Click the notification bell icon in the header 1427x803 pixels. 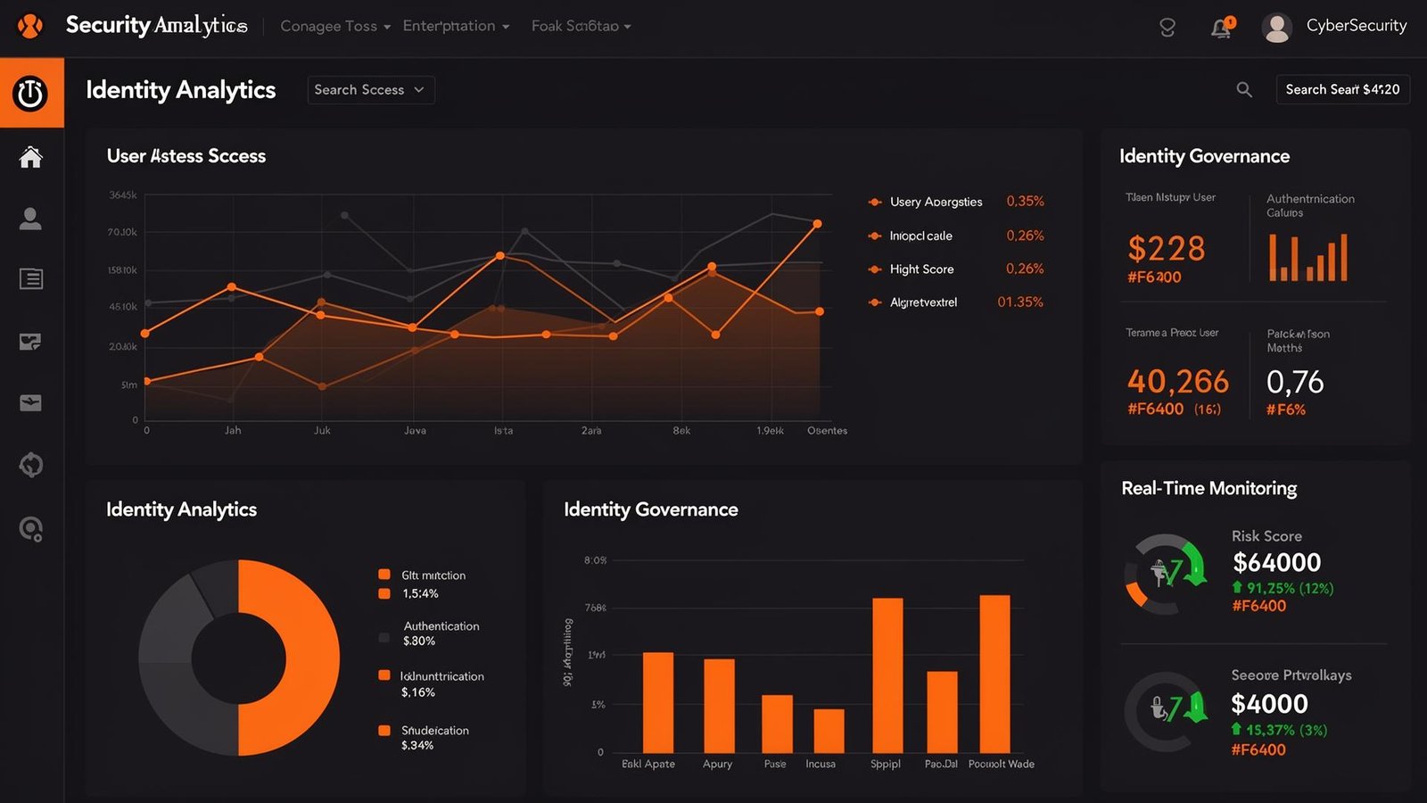point(1221,29)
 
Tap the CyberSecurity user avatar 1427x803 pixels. point(1276,28)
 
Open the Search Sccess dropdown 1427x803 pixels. point(371,90)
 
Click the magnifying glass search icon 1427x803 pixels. point(1244,89)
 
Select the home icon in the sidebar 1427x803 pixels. point(31,158)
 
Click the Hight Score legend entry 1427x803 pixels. point(921,269)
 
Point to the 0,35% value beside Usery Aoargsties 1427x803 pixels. point(1025,202)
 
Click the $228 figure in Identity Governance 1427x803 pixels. point(1166,249)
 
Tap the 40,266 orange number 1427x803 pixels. point(1177,382)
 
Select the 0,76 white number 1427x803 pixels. point(1295,382)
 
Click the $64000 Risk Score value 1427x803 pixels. point(1276,563)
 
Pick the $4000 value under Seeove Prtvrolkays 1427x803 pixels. point(1269,704)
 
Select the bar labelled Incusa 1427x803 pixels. point(829,731)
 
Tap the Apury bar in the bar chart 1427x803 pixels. point(719,706)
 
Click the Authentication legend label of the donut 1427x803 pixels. point(441,626)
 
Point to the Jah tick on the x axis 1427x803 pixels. point(233,431)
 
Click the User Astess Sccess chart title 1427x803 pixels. point(186,156)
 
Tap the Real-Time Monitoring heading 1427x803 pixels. point(1208,488)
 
